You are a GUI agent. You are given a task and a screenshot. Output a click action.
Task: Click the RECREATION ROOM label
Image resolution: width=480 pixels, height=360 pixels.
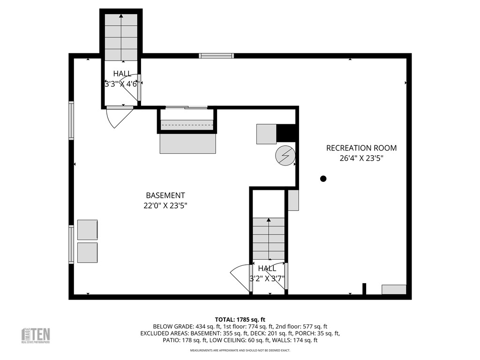(x=361, y=148)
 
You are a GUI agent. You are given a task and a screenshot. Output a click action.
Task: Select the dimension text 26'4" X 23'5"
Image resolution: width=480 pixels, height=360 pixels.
(x=361, y=158)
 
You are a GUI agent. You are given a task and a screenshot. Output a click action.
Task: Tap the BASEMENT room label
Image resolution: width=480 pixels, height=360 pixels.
(x=165, y=195)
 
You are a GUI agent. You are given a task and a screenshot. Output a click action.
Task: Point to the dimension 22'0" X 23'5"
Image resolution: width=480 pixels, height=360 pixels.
(x=165, y=205)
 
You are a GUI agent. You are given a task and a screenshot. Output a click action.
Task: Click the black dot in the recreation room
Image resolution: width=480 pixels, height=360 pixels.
(x=323, y=179)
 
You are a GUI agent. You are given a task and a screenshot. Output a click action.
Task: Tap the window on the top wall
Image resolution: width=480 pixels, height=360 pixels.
(x=216, y=56)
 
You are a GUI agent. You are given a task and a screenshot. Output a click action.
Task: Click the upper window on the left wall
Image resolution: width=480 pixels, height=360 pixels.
(x=71, y=120)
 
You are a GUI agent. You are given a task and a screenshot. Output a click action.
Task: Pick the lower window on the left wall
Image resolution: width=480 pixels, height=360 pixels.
(x=71, y=244)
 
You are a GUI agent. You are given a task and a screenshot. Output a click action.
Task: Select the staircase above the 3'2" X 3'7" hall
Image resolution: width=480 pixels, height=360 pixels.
(x=268, y=238)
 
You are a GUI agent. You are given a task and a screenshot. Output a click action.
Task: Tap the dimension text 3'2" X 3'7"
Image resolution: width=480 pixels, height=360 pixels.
(x=267, y=278)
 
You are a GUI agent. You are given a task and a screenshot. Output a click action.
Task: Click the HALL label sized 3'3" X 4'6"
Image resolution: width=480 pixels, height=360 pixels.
(x=122, y=74)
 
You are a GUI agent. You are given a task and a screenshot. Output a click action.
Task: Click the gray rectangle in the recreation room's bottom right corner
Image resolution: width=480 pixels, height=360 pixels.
(x=394, y=289)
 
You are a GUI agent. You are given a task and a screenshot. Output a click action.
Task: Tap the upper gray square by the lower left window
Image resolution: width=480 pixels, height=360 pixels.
(x=87, y=230)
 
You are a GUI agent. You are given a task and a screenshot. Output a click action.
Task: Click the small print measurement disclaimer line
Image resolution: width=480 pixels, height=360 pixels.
(x=240, y=350)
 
